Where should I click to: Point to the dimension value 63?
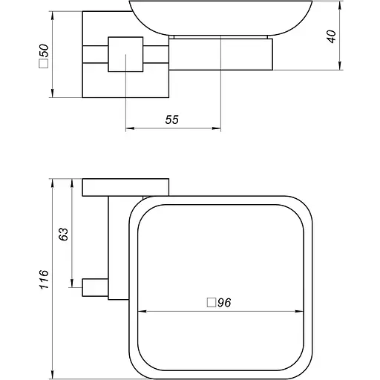coord(63,234)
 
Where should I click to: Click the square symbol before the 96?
coord(211,303)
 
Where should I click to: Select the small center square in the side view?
coord(124,54)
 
